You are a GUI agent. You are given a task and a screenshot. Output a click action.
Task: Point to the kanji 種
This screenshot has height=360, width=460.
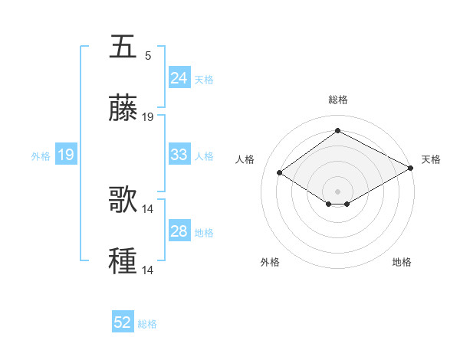point(123,261)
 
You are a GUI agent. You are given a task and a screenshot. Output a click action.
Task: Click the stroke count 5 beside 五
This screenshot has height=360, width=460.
point(148,56)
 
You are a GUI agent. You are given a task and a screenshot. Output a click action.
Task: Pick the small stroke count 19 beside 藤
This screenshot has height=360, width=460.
point(148,117)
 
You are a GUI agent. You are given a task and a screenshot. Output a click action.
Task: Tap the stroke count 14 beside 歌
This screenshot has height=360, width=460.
point(148,209)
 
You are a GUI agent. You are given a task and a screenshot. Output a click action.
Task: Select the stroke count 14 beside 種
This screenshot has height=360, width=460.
point(148,270)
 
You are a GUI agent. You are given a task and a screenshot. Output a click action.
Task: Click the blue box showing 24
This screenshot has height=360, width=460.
point(179,77)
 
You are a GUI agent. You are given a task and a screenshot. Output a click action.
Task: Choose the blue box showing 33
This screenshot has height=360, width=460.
point(179,155)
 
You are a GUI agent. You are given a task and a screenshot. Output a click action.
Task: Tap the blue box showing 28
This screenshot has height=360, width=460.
point(179,231)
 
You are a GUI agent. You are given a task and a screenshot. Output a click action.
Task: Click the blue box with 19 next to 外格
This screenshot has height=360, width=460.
point(65,155)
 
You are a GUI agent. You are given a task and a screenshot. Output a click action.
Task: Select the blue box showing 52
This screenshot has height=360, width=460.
point(122,322)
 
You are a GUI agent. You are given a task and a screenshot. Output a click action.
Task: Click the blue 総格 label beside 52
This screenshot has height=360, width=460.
point(147,324)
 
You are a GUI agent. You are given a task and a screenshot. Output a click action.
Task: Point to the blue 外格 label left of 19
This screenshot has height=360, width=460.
point(41,156)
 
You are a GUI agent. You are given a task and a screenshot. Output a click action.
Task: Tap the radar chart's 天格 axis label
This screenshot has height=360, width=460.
point(431,159)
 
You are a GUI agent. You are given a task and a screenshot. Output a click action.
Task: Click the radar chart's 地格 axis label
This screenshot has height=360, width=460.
point(402,262)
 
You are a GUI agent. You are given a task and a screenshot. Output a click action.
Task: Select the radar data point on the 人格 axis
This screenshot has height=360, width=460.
point(280,173)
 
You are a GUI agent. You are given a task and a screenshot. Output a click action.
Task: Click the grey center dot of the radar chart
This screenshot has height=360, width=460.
point(337,191)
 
